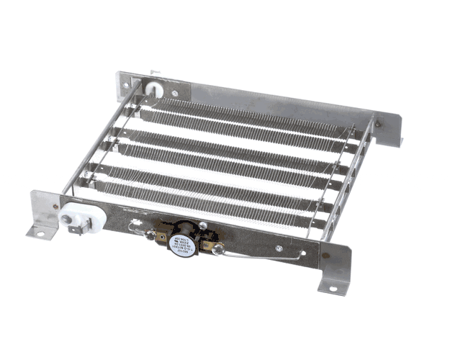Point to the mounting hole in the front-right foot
tap(333, 289)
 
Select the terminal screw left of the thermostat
tap(151, 235)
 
